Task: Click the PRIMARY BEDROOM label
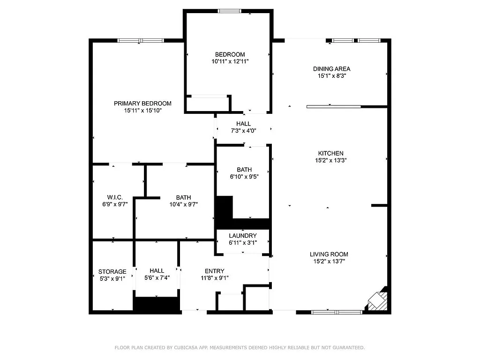click(142, 104)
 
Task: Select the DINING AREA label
click(331, 69)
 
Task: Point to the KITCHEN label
click(331, 153)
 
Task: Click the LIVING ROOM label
click(329, 255)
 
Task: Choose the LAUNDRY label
click(243, 236)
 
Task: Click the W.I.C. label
click(115, 197)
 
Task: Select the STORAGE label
click(112, 271)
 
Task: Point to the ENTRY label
click(214, 271)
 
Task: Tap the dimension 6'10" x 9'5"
click(244, 177)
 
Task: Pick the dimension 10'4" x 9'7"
click(183, 204)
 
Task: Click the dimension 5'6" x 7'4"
click(157, 277)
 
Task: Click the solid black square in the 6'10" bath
click(224, 207)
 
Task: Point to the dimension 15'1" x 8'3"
click(331, 75)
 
